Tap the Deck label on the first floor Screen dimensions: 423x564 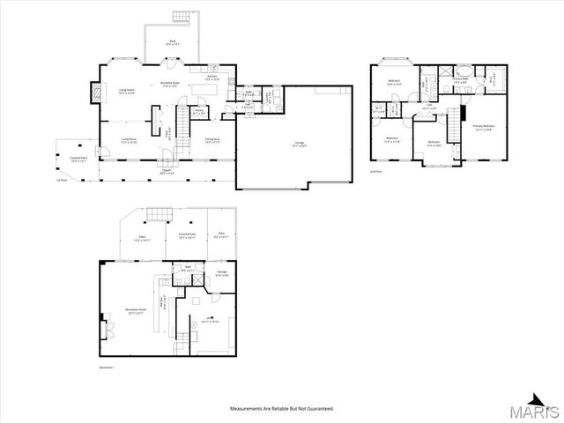point(172,43)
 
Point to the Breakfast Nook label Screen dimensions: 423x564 point(171,85)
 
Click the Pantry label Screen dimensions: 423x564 point(199,112)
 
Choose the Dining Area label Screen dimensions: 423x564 point(212,140)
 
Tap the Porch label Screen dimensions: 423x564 point(167,173)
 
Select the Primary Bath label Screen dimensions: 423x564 point(460,80)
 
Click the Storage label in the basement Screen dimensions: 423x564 point(222,274)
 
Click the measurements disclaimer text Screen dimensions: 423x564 point(282,409)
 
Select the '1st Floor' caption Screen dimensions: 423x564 point(61,181)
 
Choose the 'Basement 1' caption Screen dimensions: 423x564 point(108,366)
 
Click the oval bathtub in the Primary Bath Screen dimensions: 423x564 point(460,70)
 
